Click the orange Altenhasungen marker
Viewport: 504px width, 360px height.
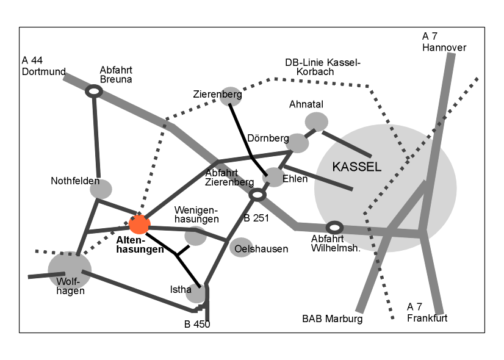(x=139, y=225)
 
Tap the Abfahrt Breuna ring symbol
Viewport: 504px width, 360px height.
(x=93, y=91)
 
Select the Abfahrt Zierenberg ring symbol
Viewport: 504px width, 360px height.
(x=257, y=195)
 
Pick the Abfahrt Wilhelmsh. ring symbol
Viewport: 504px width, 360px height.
(x=334, y=228)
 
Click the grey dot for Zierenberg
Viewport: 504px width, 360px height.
(x=231, y=95)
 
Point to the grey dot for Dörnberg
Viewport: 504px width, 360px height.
(x=298, y=142)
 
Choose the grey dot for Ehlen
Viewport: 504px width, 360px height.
(x=274, y=177)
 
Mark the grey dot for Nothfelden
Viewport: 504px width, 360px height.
(x=101, y=189)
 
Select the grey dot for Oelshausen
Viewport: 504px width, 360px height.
(x=241, y=247)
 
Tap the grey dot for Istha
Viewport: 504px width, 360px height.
(x=197, y=293)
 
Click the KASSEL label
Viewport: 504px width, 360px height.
(x=357, y=167)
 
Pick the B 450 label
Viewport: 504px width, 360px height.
(x=197, y=325)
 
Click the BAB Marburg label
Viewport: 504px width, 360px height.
(x=333, y=319)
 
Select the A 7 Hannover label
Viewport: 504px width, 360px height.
(x=444, y=42)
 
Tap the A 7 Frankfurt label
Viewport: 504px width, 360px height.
(x=427, y=312)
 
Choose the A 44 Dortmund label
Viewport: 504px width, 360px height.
(x=43, y=66)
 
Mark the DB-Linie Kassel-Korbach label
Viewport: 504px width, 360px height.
(x=323, y=67)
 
